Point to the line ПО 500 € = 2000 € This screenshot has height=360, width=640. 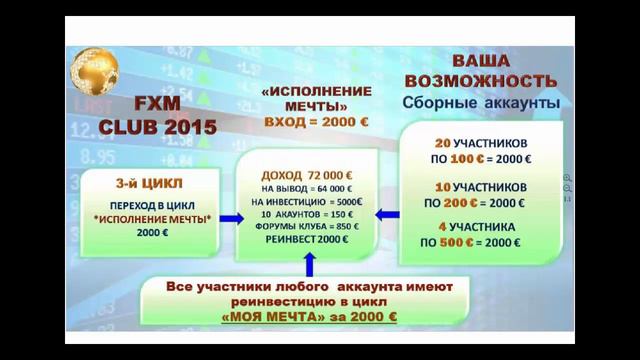pos(477,244)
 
